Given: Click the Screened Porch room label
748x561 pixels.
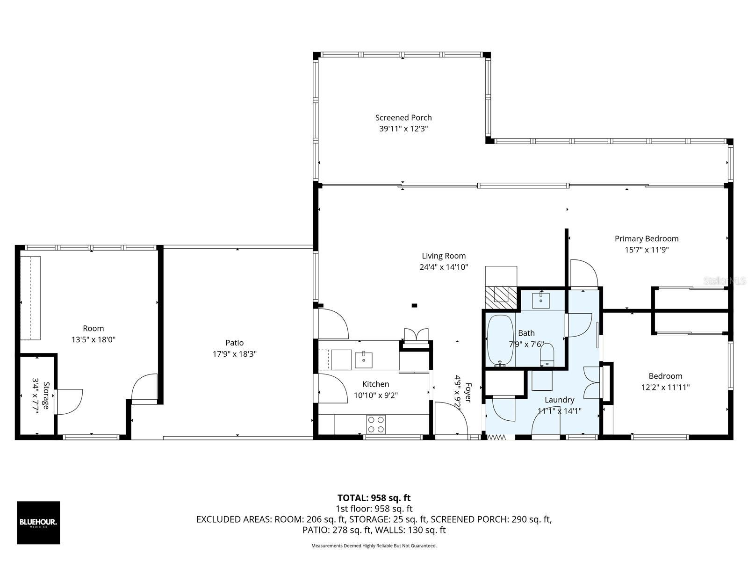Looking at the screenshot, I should click(x=403, y=118).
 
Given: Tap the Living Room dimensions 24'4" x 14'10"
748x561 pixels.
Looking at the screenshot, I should click(x=444, y=267).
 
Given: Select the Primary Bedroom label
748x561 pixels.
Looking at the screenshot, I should click(x=646, y=239).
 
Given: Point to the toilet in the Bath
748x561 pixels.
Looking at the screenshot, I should click(x=547, y=355).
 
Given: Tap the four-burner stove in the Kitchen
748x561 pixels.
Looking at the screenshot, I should click(x=375, y=424).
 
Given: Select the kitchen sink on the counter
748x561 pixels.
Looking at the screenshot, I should click(x=364, y=360).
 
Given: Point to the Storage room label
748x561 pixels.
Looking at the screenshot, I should click(x=46, y=396).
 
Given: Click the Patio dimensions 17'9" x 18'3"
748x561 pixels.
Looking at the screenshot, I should click(x=235, y=354).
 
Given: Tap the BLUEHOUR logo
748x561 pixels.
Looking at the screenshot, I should click(x=38, y=523).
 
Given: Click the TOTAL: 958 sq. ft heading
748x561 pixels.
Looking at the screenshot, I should click(x=374, y=498).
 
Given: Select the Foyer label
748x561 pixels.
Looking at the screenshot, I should click(x=468, y=393).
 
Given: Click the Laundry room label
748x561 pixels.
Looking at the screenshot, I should click(x=559, y=400).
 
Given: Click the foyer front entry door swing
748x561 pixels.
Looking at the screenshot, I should click(x=451, y=418).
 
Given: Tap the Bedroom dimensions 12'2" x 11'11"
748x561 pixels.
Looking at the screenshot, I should click(x=665, y=387).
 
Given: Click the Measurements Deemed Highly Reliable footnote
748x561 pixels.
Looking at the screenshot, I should click(x=374, y=546).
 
